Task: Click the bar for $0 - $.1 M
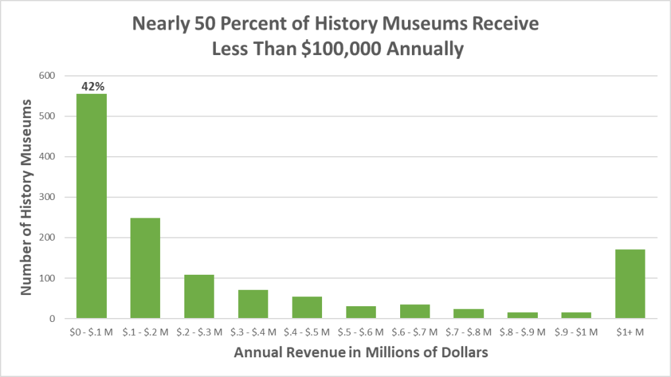[x=91, y=206]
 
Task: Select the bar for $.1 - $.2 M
[x=145, y=268]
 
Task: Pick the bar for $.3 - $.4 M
[x=253, y=304]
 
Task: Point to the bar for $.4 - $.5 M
[x=307, y=308]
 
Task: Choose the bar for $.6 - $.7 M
[x=415, y=311]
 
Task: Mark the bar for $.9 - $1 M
[x=577, y=315]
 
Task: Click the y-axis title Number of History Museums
[x=27, y=197]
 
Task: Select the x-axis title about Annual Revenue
[x=361, y=353]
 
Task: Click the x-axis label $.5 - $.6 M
[x=361, y=332]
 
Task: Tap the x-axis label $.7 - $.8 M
[x=468, y=332]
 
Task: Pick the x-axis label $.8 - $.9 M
[x=522, y=332]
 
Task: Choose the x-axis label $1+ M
[x=630, y=332]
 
